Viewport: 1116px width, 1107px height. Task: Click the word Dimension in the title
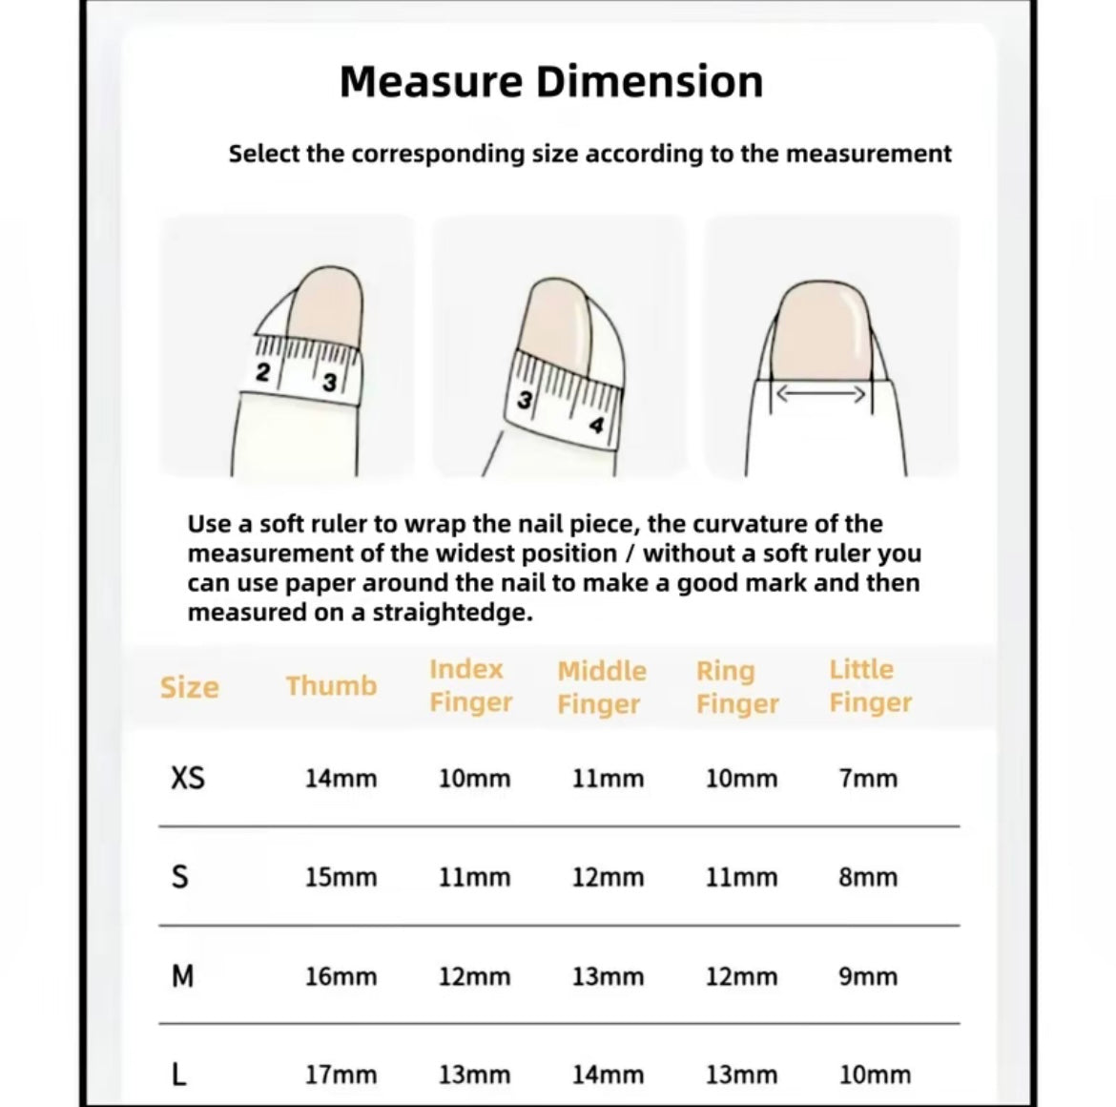[650, 81]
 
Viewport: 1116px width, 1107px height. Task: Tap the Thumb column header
[332, 686]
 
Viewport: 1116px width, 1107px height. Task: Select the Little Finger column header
[870, 685]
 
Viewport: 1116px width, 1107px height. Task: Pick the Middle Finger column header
[602, 687]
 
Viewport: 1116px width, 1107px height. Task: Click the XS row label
[188, 778]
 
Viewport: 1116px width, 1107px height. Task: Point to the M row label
[183, 976]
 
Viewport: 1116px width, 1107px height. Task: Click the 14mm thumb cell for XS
[341, 779]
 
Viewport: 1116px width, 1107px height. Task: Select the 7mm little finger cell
[868, 779]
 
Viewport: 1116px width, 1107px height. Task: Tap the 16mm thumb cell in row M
[341, 976]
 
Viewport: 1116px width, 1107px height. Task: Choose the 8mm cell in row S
[868, 878]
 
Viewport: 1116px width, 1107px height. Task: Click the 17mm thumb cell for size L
[341, 1075]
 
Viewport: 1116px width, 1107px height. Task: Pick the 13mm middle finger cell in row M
[608, 976]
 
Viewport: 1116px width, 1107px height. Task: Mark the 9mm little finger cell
[868, 976]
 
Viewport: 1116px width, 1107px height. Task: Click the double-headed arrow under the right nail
[820, 394]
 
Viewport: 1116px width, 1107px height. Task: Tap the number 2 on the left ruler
[263, 371]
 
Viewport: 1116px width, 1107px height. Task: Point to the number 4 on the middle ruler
[596, 425]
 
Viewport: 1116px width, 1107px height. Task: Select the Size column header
[189, 688]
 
